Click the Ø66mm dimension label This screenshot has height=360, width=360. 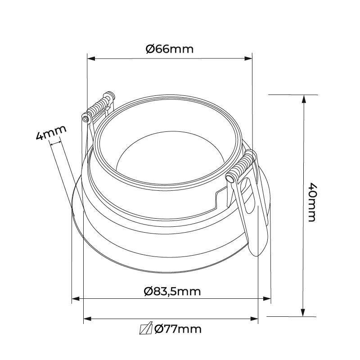coord(170,49)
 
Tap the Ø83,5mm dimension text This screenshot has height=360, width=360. coord(172,291)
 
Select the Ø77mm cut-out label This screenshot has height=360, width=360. coord(178,329)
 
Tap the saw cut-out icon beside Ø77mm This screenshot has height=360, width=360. coord(146,328)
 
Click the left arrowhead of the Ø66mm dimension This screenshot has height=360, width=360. coord(91,58)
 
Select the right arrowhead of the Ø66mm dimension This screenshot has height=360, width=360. coord(248,58)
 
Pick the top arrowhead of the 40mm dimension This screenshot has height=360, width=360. coord(304,99)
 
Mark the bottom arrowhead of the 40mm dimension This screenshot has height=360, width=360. coord(303,312)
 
